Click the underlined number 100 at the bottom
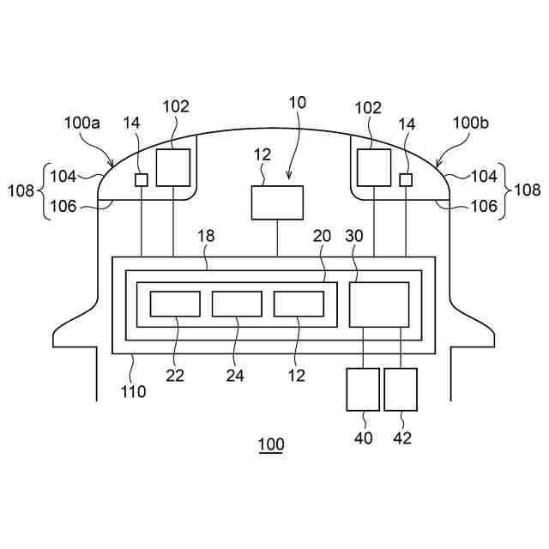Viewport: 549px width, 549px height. (x=271, y=445)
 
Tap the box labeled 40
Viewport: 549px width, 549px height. (x=362, y=389)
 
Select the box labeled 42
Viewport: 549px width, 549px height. (x=401, y=389)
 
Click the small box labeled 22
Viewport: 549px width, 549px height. (x=175, y=304)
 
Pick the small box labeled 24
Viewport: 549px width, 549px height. (x=237, y=304)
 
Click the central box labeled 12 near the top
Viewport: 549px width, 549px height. (x=277, y=202)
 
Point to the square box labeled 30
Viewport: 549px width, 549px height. (x=378, y=304)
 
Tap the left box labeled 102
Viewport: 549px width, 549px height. (x=172, y=166)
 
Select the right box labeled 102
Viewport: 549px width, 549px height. (x=373, y=166)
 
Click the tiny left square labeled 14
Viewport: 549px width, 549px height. (x=142, y=179)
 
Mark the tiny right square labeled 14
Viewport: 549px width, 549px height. (x=406, y=179)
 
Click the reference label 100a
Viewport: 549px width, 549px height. (x=82, y=123)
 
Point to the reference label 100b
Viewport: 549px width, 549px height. (x=471, y=123)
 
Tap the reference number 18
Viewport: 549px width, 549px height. (x=206, y=235)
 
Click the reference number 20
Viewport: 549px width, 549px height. (x=321, y=235)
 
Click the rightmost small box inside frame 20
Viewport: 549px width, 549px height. (x=299, y=304)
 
